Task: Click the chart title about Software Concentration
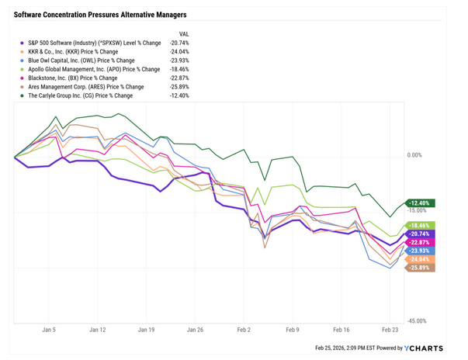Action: pos(100,15)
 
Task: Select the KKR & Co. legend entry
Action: pos(73,52)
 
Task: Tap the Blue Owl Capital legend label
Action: pos(81,61)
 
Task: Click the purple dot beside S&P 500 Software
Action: pos(22,43)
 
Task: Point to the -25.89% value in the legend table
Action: pos(179,87)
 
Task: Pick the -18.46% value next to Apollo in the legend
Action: pos(179,70)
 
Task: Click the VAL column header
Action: pos(184,34)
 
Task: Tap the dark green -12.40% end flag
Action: pos(419,203)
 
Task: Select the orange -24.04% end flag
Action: pos(419,259)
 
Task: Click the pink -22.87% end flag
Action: pos(419,242)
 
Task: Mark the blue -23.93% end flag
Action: pos(419,251)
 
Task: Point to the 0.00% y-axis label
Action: pos(414,155)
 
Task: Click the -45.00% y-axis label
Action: pos(416,321)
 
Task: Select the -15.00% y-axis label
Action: pos(416,210)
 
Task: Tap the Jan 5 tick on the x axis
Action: pos(49,330)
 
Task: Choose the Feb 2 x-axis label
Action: pos(244,330)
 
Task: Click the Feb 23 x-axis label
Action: pos(390,330)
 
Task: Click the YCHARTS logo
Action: pos(424,348)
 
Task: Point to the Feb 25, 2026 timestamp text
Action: pos(345,348)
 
